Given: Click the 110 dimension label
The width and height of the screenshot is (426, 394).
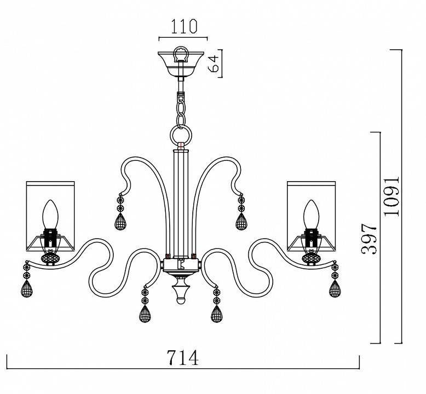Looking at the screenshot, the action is [183, 26].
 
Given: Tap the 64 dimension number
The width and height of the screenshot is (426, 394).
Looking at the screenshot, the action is [214, 63].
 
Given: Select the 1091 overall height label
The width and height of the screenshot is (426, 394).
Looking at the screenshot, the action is [392, 196].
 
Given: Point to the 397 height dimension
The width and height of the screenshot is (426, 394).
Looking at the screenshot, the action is [369, 239].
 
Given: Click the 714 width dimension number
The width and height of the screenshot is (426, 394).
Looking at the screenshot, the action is [182, 358].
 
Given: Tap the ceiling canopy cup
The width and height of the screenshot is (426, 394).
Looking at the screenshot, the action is [181, 64].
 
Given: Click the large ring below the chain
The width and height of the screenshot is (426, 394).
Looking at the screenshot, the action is [181, 136].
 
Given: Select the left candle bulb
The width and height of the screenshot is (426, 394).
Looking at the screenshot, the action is [50, 215].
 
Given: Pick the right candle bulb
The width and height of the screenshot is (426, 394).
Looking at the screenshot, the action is [311, 215].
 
